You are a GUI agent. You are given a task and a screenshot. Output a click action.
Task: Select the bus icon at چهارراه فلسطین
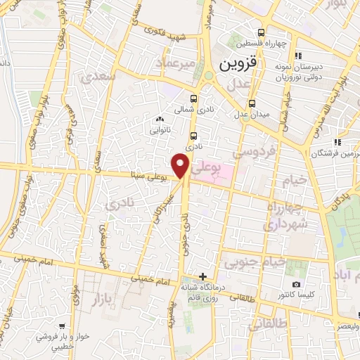[x=262, y=32]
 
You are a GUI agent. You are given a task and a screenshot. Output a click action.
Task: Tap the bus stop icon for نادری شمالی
[x=193, y=98]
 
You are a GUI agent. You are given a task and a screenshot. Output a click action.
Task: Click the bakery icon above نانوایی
[x=159, y=120]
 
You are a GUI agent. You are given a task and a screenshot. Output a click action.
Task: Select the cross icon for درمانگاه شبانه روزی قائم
[x=203, y=276]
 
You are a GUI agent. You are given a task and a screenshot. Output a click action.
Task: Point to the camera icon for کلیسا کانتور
[x=296, y=285]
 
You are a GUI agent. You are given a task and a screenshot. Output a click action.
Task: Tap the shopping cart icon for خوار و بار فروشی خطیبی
[x=63, y=326]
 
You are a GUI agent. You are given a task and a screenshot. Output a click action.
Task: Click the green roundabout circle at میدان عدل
[x=208, y=76]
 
